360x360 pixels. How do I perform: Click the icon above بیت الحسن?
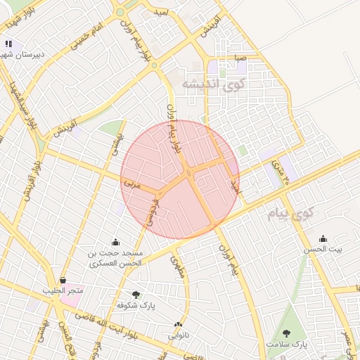(x=323, y=238)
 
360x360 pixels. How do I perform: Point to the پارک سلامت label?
(x=287, y=345)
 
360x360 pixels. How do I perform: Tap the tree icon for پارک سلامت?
(x=286, y=333)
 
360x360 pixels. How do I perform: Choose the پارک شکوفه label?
(x=136, y=306)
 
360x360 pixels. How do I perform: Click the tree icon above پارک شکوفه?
(x=136, y=295)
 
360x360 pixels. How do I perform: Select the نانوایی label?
(x=178, y=335)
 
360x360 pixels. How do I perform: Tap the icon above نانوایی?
(x=178, y=325)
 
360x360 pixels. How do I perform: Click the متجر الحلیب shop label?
(x=63, y=290)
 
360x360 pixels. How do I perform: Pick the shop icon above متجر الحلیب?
(x=63, y=280)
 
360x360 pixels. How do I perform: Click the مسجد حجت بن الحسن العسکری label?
(x=115, y=257)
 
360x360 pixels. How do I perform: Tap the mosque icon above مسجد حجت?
(x=115, y=242)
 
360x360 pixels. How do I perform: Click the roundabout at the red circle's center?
(x=188, y=174)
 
